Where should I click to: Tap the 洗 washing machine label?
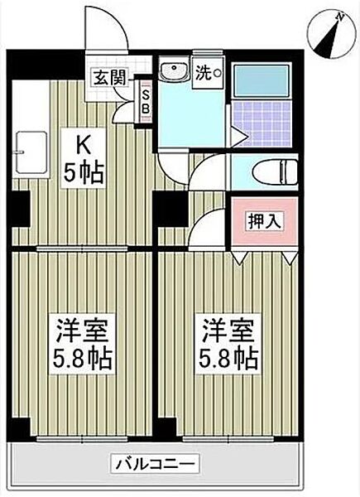203,71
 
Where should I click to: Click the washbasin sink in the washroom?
174,71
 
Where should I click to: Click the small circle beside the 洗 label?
218,73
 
